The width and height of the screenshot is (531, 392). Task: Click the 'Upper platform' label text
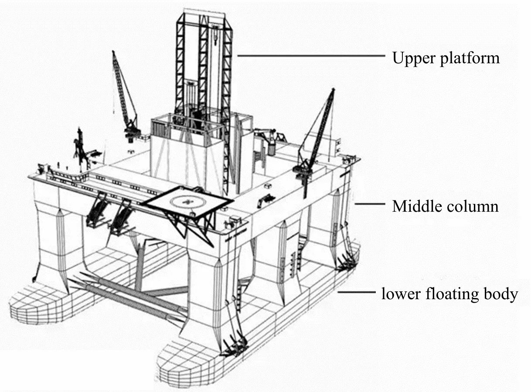point(446,58)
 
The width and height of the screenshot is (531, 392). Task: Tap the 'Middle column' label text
point(445,206)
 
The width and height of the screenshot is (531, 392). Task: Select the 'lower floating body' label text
point(449,294)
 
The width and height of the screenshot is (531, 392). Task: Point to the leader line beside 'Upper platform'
point(311,56)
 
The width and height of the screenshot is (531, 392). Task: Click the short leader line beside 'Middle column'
point(370,203)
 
